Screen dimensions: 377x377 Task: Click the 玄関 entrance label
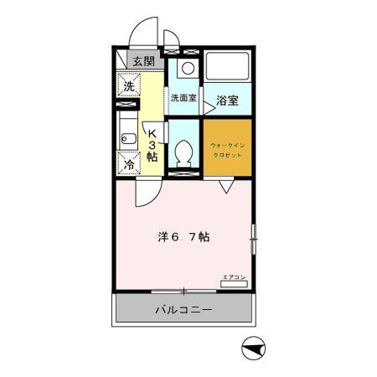point(143,61)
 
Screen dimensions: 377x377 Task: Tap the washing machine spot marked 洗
point(129,86)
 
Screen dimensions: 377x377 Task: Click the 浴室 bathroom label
point(227,101)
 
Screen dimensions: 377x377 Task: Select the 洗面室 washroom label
point(183,98)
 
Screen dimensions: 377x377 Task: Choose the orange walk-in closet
point(226,147)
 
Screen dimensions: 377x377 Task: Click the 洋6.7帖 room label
point(183,237)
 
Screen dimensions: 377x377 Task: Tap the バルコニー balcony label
point(183,310)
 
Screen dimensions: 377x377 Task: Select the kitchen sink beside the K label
point(128,137)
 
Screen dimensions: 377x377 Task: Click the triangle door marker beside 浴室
point(203,107)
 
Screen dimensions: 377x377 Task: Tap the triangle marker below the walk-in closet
point(226,188)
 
